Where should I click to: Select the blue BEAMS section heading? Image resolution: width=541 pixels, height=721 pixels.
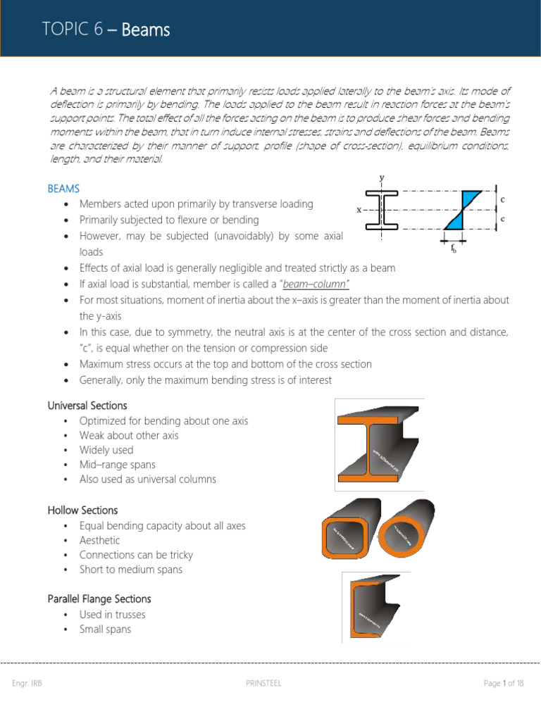click(63, 189)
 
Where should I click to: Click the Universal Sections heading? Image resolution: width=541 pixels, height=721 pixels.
click(87, 406)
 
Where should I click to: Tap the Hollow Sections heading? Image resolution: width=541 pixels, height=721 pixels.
click(82, 510)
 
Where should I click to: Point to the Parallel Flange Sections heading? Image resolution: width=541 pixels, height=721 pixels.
click(99, 598)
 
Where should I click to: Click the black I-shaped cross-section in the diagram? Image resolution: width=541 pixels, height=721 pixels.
click(382, 210)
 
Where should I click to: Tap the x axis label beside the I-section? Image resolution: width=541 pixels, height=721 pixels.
click(359, 210)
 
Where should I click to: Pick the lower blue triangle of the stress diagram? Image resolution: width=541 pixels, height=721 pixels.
click(456, 221)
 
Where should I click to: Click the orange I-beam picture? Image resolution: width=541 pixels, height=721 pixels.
click(379, 444)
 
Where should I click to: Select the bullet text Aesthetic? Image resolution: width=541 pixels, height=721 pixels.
click(99, 540)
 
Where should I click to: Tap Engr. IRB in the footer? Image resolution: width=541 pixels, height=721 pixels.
click(27, 683)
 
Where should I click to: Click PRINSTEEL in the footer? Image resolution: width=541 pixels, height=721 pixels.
click(264, 683)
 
